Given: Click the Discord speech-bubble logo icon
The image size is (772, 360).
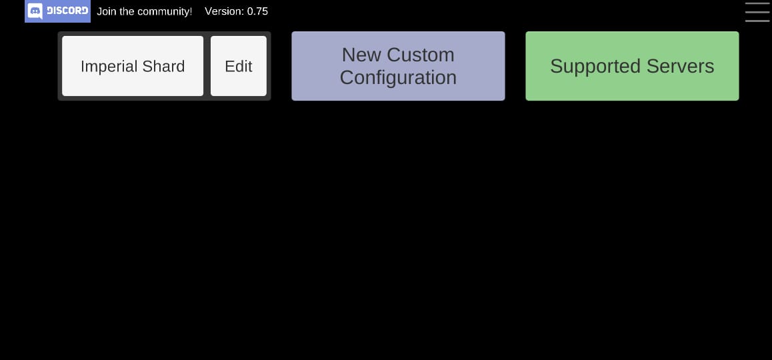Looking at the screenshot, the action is (x=35, y=11).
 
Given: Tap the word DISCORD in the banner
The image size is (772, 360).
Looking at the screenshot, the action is (x=67, y=11).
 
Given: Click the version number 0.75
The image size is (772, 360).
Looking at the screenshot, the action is (x=257, y=11).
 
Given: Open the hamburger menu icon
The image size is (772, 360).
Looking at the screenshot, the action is (x=757, y=12).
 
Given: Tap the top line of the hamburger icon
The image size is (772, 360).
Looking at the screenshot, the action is (x=757, y=3).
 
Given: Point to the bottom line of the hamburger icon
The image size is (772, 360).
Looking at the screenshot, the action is (x=757, y=21).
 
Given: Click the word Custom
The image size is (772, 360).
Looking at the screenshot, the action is (x=421, y=55).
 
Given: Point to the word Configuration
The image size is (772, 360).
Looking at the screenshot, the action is (x=398, y=78).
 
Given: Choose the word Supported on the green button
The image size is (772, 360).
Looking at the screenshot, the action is (x=585, y=67).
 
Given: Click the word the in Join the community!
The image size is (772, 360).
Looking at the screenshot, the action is (x=127, y=11).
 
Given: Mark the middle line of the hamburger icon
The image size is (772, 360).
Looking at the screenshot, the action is (x=757, y=12).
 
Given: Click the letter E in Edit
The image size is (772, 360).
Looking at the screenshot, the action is (x=229, y=66).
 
